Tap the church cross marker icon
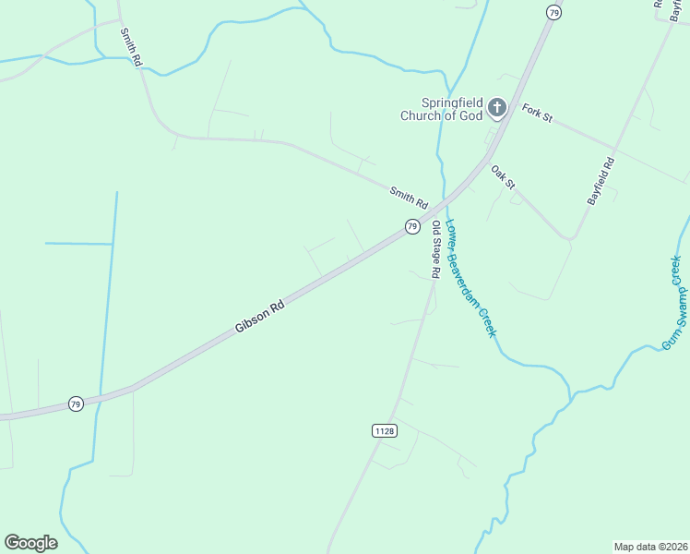(497, 109)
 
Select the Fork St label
(536, 114)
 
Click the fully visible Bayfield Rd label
(601, 182)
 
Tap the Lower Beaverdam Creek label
(471, 277)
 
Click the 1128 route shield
(385, 431)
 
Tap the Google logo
(30, 542)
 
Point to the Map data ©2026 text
(650, 546)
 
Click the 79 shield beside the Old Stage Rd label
(412, 226)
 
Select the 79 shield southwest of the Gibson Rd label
(76, 404)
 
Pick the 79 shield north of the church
(553, 12)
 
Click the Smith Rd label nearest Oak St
(409, 197)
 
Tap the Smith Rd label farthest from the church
(131, 46)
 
